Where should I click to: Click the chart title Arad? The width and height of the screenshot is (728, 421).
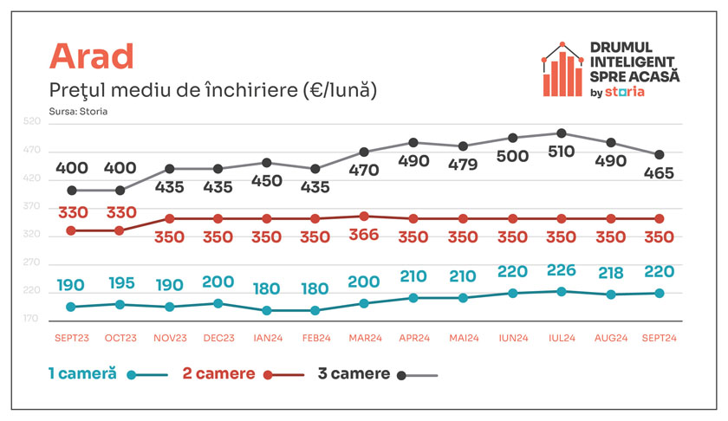92,56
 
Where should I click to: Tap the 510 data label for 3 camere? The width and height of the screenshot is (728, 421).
562,152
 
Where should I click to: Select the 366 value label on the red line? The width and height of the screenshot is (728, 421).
363,234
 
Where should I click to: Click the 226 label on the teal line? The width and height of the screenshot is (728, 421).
562,270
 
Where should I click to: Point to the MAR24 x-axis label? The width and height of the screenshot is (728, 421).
366,338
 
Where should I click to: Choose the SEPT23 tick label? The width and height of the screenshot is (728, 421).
71,338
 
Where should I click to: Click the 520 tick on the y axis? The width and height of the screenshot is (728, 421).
32,121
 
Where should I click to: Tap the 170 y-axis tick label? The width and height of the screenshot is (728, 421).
31,319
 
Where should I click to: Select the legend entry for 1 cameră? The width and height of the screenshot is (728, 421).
108,373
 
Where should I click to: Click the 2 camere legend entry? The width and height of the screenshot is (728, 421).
244,373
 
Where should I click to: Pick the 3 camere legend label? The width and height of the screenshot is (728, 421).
354,373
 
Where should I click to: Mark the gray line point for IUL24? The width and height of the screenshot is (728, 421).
562,133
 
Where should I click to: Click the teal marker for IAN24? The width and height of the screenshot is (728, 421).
267,310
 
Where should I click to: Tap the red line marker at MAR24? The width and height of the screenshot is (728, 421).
364,217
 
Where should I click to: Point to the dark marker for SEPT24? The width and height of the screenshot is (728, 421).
660,154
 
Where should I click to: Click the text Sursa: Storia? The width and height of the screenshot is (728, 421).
78,112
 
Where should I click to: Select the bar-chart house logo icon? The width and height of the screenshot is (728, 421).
562,69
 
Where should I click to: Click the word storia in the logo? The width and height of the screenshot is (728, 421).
625,92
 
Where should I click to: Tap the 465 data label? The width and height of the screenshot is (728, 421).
659,173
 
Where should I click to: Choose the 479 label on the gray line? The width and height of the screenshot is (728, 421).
463,165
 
